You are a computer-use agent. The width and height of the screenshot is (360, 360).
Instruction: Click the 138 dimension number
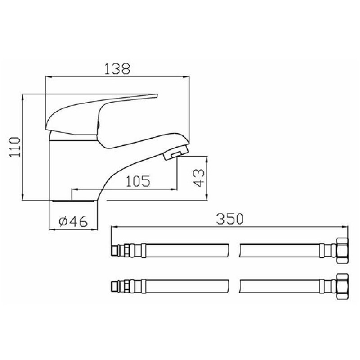117,68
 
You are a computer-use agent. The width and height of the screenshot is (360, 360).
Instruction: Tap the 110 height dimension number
15,147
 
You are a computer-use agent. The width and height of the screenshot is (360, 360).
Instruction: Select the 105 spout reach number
138,181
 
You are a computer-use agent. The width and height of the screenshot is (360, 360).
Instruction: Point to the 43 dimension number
198,178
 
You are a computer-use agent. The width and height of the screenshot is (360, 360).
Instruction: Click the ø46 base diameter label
73,221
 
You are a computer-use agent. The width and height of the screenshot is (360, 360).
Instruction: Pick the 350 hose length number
229,219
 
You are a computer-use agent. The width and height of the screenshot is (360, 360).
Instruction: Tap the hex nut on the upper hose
342,250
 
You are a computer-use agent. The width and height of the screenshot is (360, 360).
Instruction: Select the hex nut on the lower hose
342,287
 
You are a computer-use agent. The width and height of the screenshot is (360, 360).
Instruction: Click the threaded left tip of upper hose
115,251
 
